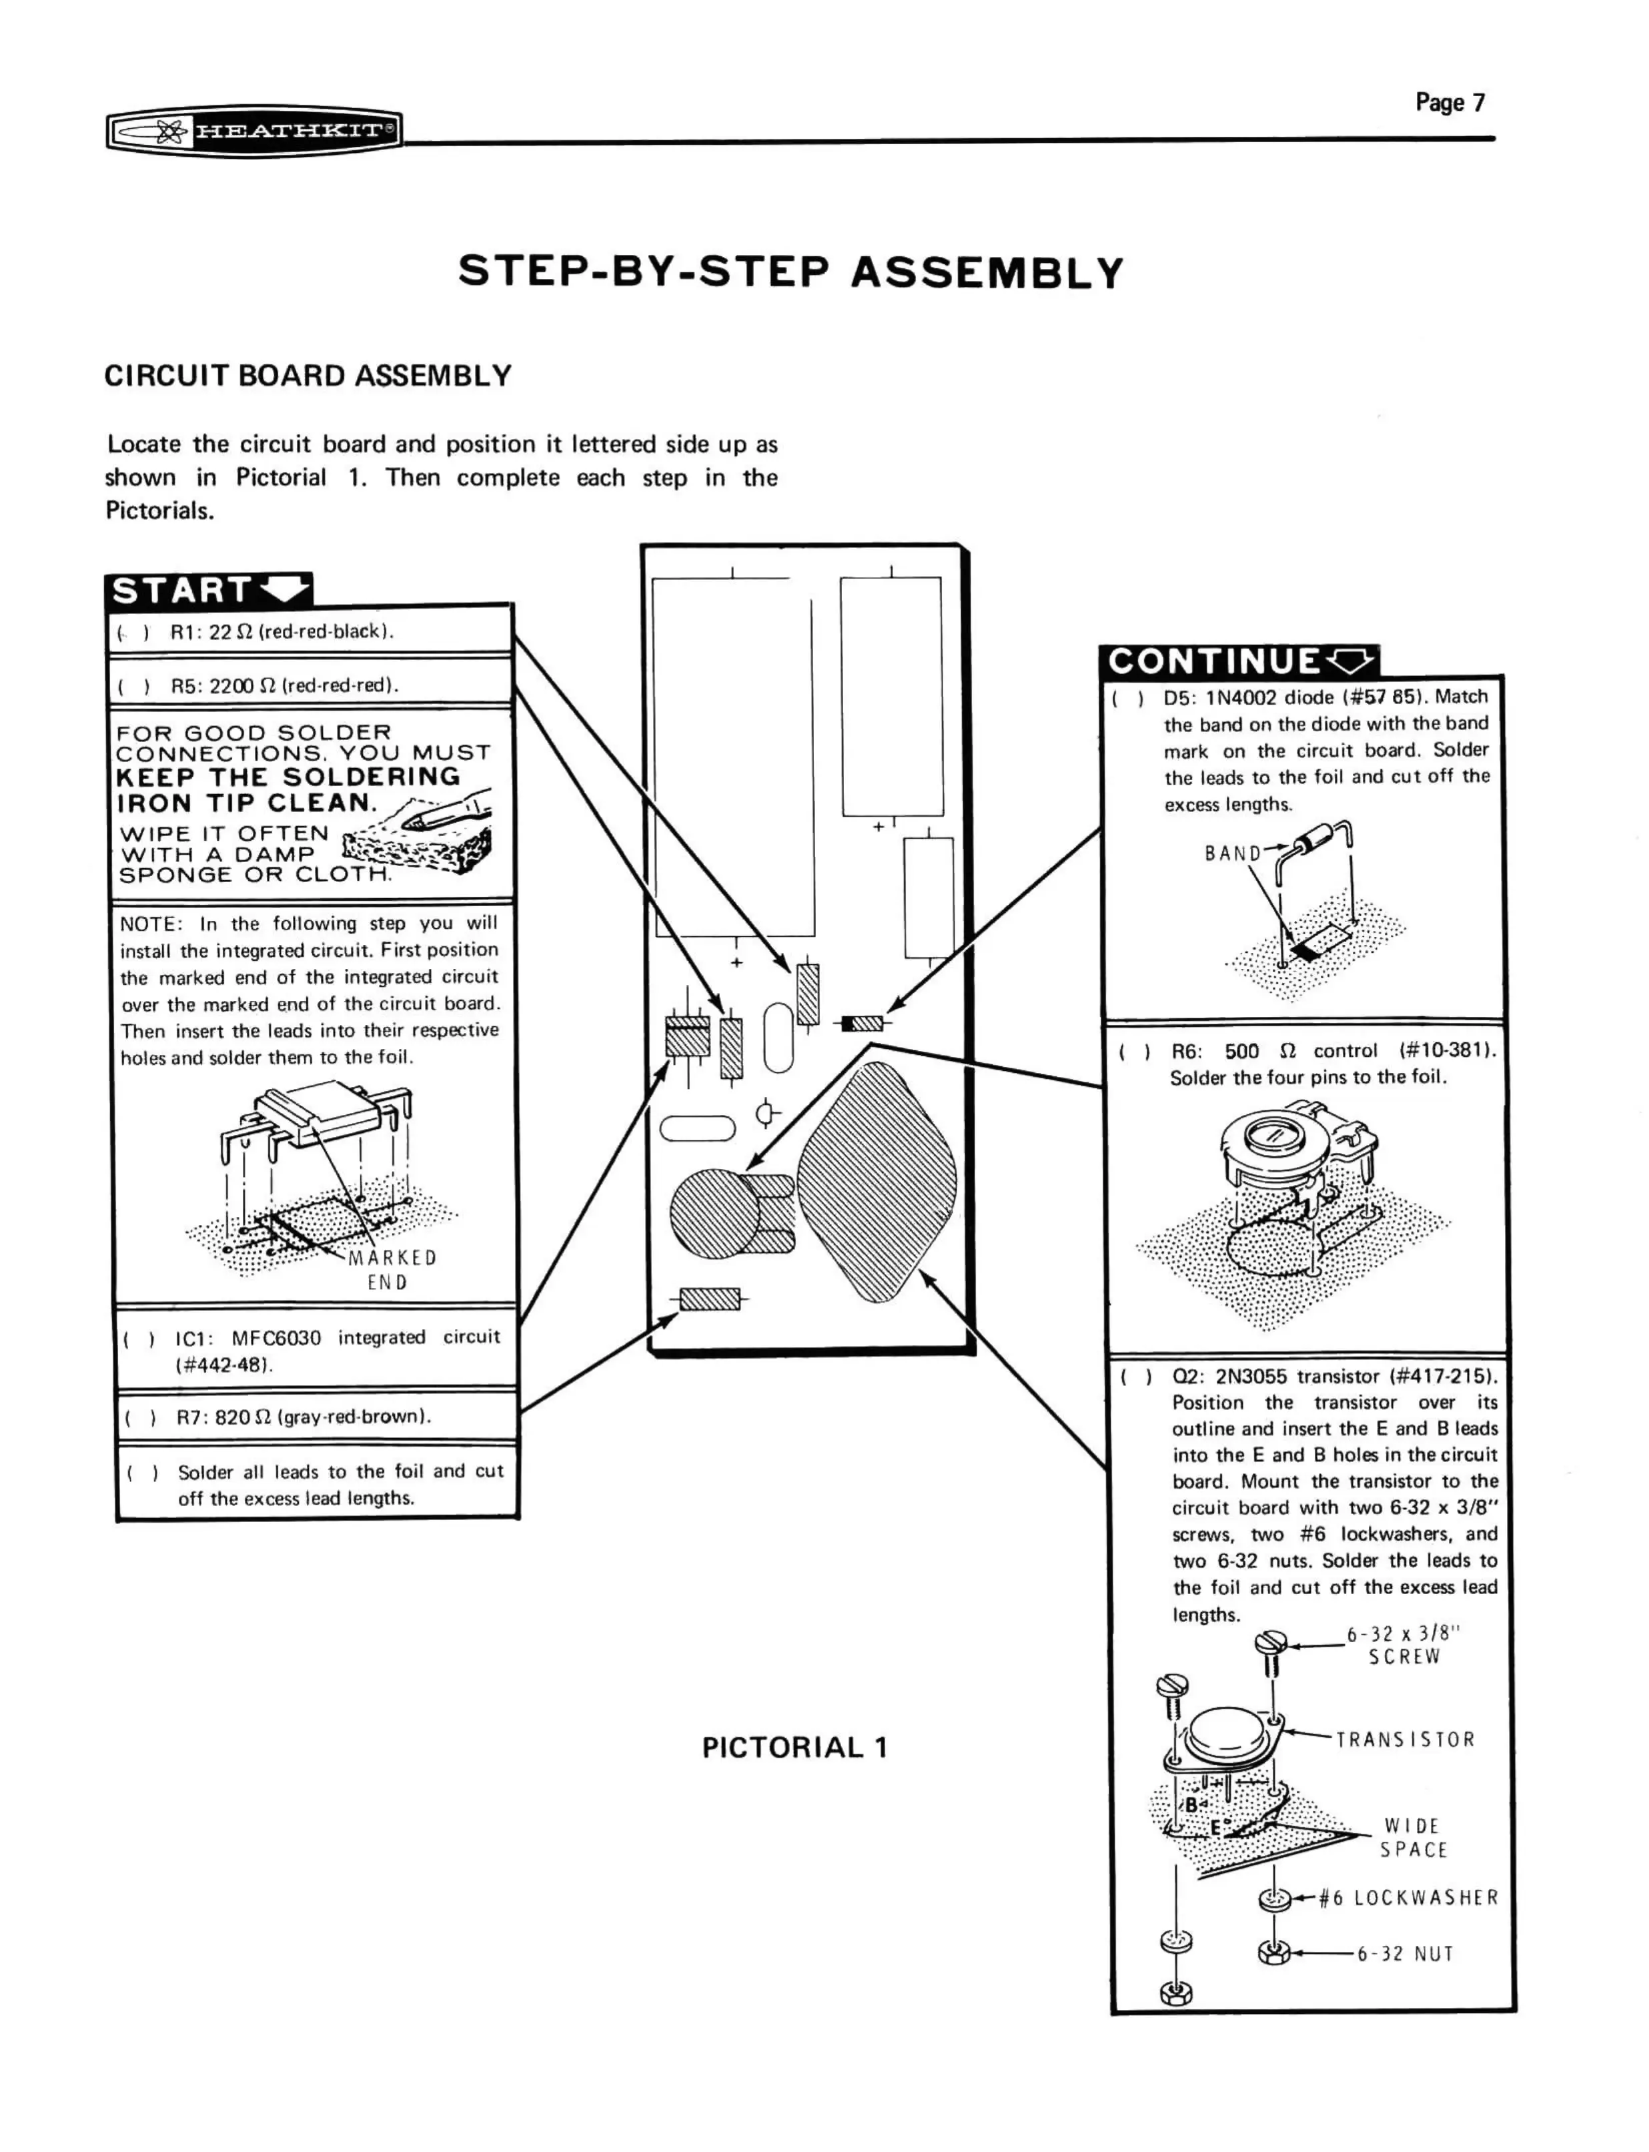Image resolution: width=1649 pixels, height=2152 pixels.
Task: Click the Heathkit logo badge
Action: click(x=254, y=129)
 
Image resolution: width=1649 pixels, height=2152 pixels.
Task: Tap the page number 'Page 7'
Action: click(x=1449, y=102)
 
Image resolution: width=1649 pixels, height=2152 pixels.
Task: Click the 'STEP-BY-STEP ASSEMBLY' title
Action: click(x=790, y=272)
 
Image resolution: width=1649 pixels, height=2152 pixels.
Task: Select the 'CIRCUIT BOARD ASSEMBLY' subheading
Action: click(x=308, y=376)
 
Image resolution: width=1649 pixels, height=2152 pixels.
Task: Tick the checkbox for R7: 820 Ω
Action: click(x=140, y=1417)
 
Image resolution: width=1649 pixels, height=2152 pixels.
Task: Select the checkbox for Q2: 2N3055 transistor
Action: click(x=1135, y=1377)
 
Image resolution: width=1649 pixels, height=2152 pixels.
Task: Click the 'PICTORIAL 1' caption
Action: click(x=794, y=1748)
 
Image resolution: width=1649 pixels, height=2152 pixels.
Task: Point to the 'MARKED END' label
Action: click(x=391, y=1269)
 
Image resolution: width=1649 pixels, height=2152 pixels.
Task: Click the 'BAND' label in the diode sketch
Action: click(x=1232, y=853)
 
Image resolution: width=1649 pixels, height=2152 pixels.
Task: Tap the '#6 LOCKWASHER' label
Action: click(x=1408, y=1898)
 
